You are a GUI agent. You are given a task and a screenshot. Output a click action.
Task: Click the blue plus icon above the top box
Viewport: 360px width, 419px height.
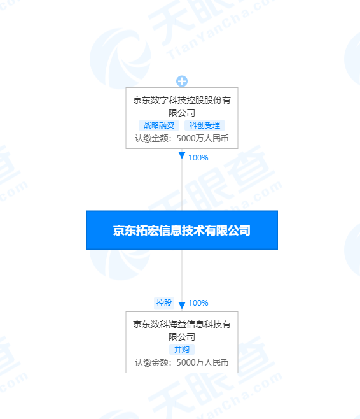182,81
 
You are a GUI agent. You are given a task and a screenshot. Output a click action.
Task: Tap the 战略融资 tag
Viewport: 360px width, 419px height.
159,125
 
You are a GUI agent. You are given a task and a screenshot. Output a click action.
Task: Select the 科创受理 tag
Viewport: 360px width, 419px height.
205,125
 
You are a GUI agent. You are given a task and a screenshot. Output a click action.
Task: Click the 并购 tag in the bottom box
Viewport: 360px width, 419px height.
182,350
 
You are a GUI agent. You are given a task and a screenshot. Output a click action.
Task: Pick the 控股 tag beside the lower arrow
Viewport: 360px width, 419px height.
164,303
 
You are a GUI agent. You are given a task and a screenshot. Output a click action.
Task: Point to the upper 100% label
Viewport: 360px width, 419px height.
198,158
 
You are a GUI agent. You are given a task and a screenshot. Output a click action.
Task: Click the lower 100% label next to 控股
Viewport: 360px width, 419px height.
198,303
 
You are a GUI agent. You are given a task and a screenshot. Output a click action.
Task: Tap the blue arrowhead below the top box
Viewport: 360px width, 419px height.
182,155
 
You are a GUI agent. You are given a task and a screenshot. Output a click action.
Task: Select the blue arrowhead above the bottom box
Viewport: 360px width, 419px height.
182,305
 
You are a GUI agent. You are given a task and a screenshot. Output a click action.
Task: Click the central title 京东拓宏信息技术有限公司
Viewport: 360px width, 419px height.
182,231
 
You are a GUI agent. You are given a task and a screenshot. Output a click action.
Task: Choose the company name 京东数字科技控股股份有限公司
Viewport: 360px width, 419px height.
182,106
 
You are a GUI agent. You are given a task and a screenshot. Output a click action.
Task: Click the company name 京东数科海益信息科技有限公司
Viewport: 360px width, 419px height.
182,330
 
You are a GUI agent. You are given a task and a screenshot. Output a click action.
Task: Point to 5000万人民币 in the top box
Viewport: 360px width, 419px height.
202,138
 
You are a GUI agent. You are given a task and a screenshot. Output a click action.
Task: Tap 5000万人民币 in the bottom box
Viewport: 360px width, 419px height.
202,362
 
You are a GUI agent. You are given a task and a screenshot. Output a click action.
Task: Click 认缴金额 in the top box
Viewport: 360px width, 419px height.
151,138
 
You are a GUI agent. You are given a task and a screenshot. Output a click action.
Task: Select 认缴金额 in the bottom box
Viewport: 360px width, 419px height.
151,362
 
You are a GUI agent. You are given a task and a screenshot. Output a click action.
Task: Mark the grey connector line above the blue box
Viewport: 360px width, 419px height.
182,185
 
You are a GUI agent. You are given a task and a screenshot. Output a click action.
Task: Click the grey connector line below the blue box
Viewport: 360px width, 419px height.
182,276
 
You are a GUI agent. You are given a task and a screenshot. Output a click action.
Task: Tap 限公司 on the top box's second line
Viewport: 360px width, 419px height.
182,113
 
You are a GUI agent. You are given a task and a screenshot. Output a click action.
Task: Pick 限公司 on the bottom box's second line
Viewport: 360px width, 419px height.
182,337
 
